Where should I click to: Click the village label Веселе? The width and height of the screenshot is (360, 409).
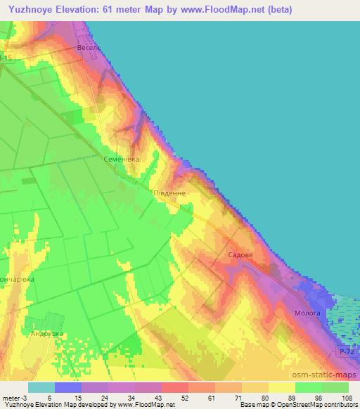tap(89, 48)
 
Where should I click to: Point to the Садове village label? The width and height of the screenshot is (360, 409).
tap(240, 257)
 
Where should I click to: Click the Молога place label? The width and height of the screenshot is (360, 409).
tap(307, 313)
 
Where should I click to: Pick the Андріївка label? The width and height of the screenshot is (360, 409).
tap(46, 333)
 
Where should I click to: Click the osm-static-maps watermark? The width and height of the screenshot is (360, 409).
tap(321, 375)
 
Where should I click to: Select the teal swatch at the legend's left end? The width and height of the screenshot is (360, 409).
tap(41, 387)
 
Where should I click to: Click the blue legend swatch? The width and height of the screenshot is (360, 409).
tap(68, 387)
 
